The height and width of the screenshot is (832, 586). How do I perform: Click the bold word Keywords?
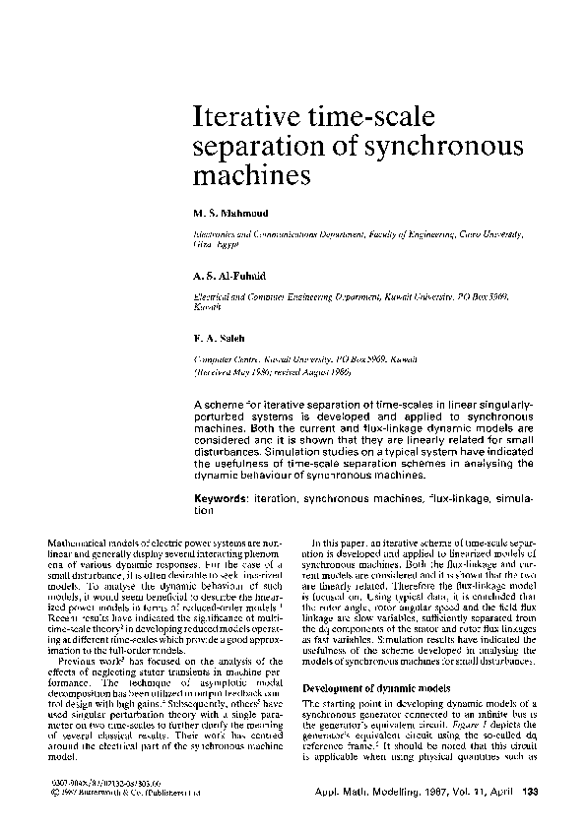pyautogui.click(x=221, y=500)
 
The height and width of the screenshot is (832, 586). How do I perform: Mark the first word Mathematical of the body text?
pyautogui.click(x=79, y=544)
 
